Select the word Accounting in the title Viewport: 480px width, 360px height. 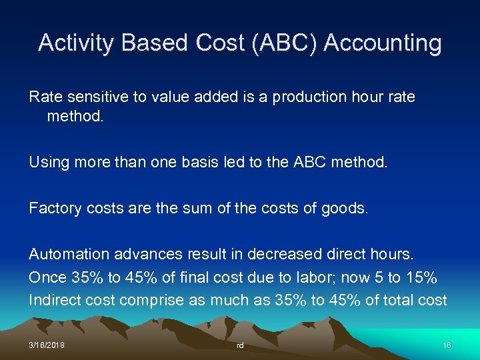tap(383, 43)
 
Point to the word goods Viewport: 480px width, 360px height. tap(345, 208)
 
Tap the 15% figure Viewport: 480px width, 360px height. tap(422, 277)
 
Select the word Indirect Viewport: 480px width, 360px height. tap(55, 300)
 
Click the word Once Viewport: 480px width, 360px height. tap(47, 277)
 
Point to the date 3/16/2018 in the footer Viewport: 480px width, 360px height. tap(47, 345)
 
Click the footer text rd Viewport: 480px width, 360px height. tap(240, 345)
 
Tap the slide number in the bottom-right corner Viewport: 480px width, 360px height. tap(447, 345)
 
